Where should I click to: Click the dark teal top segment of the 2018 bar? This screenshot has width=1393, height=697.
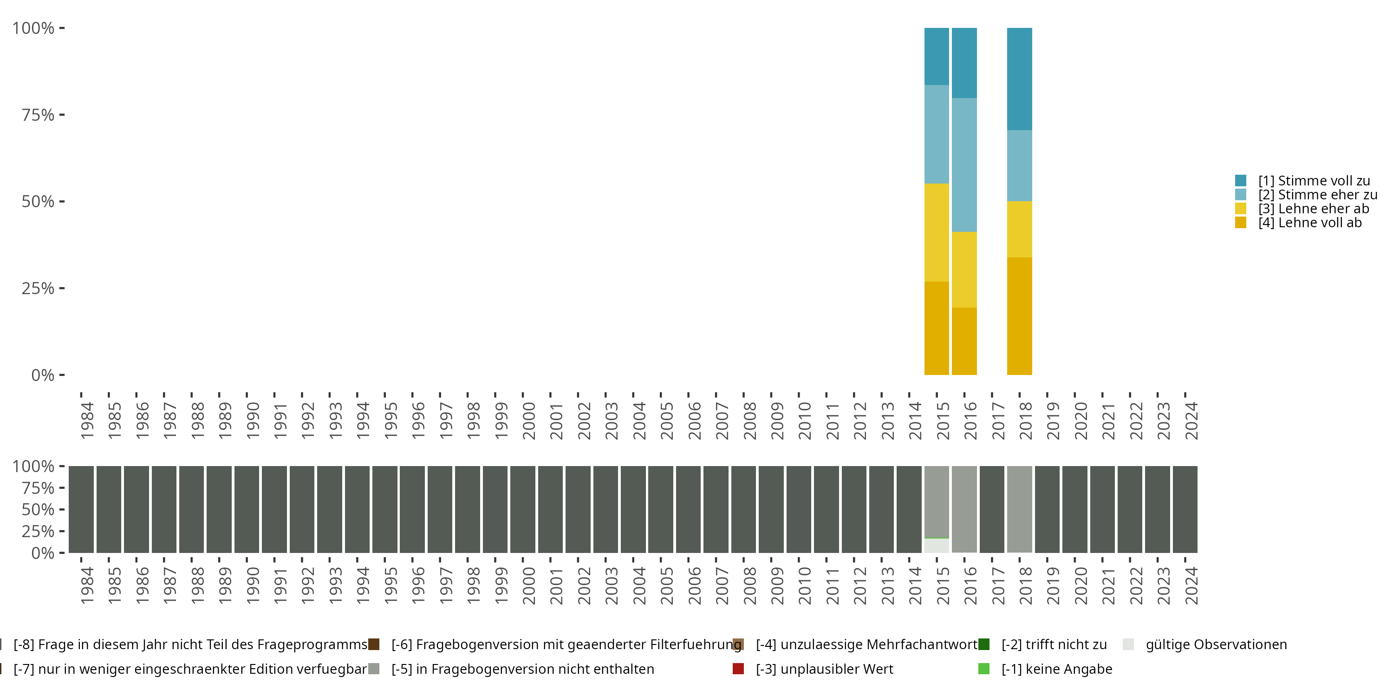point(1019,79)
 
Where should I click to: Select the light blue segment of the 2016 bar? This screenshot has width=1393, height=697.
point(964,164)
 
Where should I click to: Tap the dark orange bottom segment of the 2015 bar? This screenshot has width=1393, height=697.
point(937,328)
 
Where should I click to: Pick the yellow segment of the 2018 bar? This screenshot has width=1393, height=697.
point(1019,229)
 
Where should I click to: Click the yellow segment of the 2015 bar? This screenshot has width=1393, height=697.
point(937,232)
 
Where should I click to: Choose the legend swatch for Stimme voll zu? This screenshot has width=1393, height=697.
point(1241,181)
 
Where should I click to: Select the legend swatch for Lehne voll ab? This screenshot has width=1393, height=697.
point(1241,223)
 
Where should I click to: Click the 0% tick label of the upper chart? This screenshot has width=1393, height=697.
point(43,375)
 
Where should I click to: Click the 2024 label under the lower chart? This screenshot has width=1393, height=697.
point(1191,585)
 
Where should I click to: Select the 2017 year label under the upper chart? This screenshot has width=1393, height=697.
point(998,421)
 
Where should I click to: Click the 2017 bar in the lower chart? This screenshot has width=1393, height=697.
point(992,509)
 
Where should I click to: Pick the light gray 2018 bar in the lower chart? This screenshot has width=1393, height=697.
point(1019,509)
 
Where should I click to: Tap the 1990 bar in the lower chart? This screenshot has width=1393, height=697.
point(247,509)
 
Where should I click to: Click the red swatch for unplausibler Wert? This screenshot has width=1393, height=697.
point(738,669)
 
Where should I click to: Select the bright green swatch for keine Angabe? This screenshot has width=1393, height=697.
point(983,669)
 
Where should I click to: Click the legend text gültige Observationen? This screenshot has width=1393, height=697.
point(1216,644)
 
